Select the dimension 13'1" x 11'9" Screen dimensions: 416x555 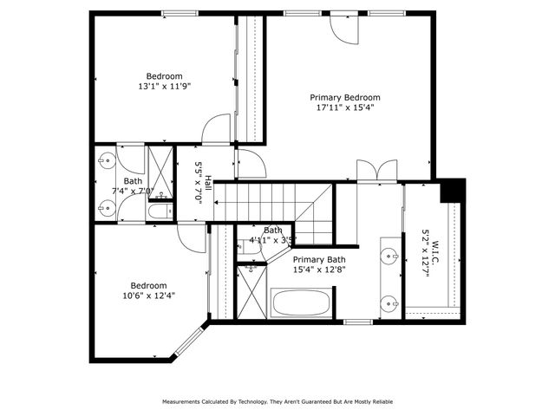(164, 87)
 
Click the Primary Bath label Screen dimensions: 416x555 (319, 259)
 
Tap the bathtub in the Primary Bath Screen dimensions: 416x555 (299, 303)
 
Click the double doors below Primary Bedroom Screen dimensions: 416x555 (377, 171)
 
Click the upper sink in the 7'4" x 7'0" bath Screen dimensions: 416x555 (106, 160)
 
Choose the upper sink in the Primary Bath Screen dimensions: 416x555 (390, 255)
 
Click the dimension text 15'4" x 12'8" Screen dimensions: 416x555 (319, 270)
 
